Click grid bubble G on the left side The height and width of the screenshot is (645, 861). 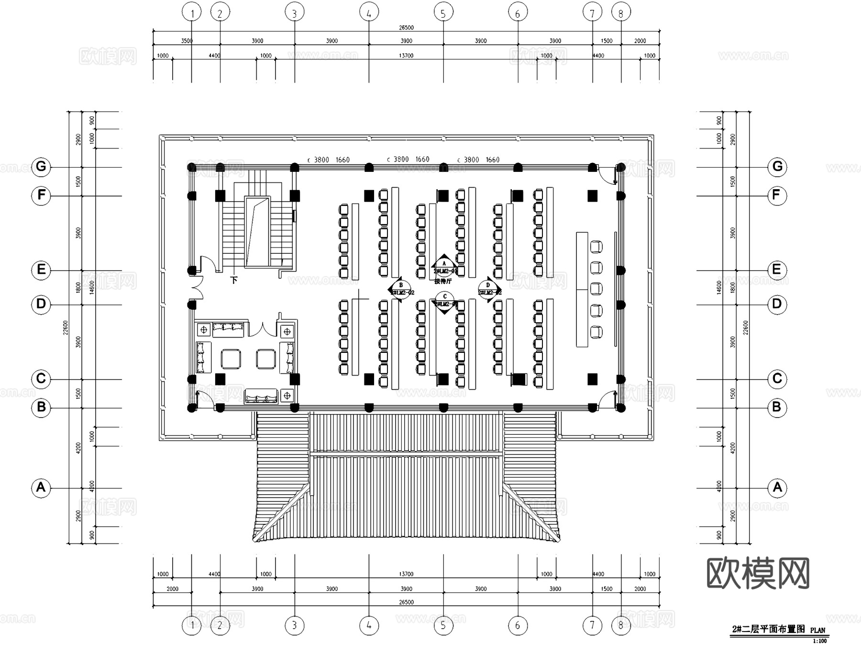tap(41, 167)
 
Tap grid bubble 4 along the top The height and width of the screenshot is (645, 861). tap(369, 13)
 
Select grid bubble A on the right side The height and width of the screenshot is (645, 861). tap(777, 487)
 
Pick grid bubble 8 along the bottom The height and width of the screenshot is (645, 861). tap(621, 625)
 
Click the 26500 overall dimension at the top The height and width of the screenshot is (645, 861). tap(406, 27)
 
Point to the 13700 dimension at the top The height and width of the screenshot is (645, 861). tap(406, 56)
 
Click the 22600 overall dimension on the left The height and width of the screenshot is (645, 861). tap(66, 328)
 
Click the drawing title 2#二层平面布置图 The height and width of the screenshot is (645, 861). tap(769, 629)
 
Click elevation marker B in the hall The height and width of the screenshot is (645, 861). tap(401, 289)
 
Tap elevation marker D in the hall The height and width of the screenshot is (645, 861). tap(488, 289)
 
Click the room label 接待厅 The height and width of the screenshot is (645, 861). tap(443, 282)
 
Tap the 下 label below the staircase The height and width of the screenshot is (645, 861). tap(234, 280)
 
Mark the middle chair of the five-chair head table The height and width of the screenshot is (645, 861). tap(596, 289)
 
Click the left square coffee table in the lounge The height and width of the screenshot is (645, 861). tap(231, 359)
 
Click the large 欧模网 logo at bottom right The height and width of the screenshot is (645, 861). tap(758, 573)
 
